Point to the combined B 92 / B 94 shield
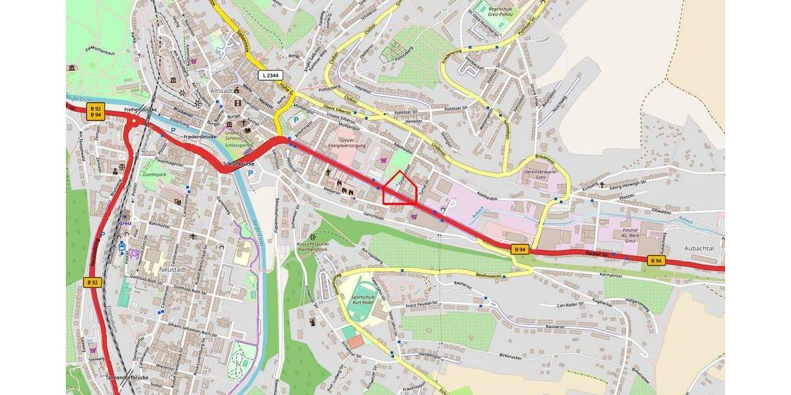point(96,111)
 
